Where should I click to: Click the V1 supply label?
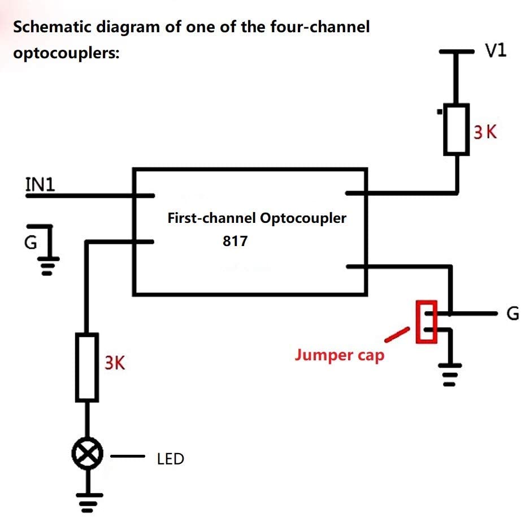coord(496,50)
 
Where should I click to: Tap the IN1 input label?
coord(40,184)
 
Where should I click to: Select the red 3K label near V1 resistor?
coord(485,132)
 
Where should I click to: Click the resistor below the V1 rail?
coord(456,130)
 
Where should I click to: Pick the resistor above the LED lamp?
coord(87,367)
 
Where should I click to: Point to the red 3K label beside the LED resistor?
coord(115,363)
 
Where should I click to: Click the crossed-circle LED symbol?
coord(88,454)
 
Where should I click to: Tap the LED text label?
coord(170,459)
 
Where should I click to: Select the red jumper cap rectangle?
coord(427,321)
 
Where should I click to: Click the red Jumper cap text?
coord(339,355)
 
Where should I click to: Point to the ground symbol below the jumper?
coord(450,375)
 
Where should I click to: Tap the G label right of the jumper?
coord(513,313)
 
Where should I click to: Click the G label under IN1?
coord(31,242)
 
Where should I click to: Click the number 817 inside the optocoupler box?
coord(235,241)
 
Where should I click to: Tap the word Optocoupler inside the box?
coord(303,218)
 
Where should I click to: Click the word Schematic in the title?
coord(52,27)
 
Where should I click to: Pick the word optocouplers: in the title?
coord(66,53)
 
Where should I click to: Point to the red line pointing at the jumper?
coord(397,334)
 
